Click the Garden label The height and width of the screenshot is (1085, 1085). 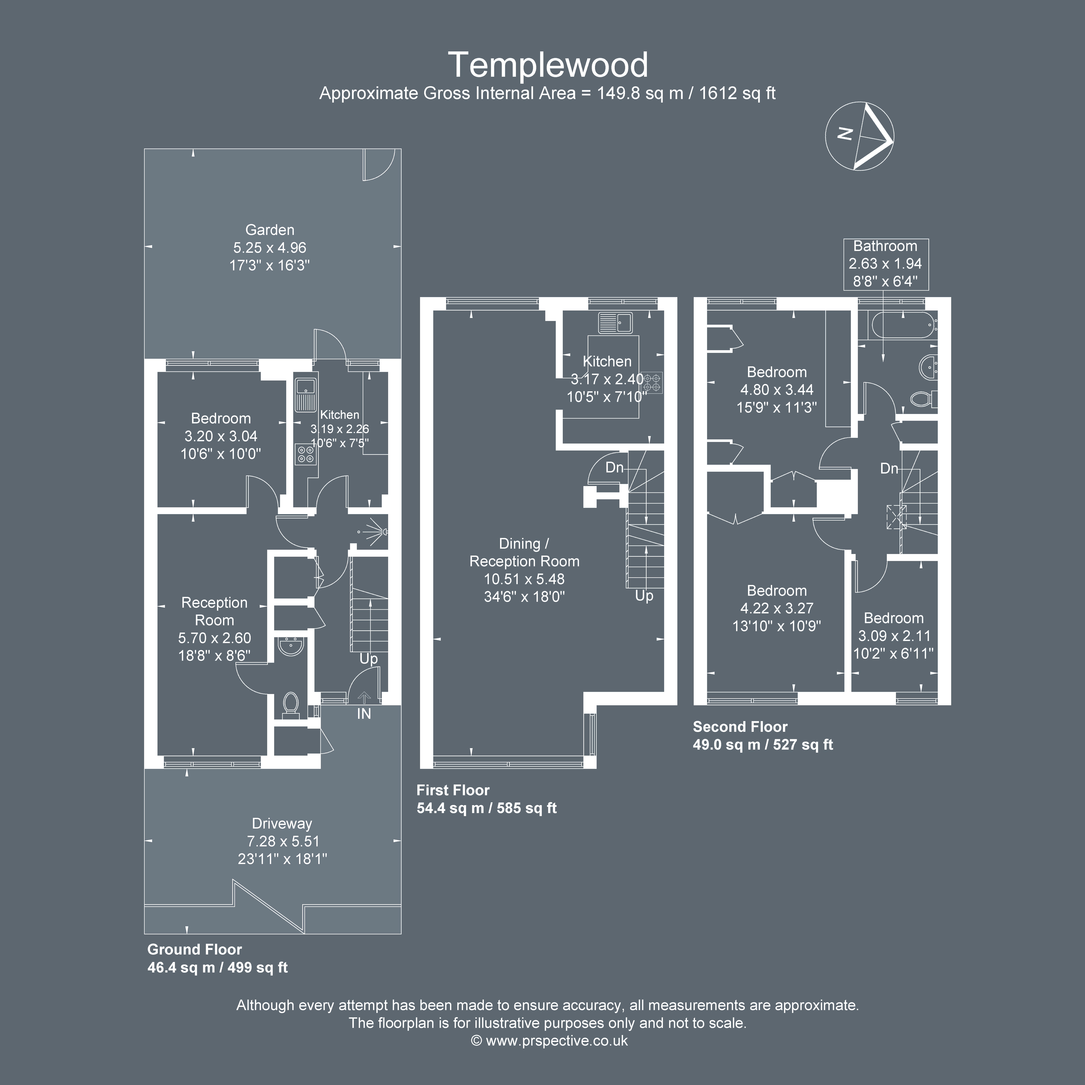coord(270,230)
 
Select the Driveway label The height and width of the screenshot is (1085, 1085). coord(282,823)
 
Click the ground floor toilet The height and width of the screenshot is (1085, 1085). coord(290,704)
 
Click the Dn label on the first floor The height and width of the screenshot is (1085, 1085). coord(614,467)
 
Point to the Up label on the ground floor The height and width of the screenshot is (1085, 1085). coord(368,659)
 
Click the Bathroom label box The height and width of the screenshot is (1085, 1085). coord(886,264)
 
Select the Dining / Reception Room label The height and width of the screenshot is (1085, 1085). coord(524,553)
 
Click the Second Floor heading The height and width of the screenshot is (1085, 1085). coord(740,727)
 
